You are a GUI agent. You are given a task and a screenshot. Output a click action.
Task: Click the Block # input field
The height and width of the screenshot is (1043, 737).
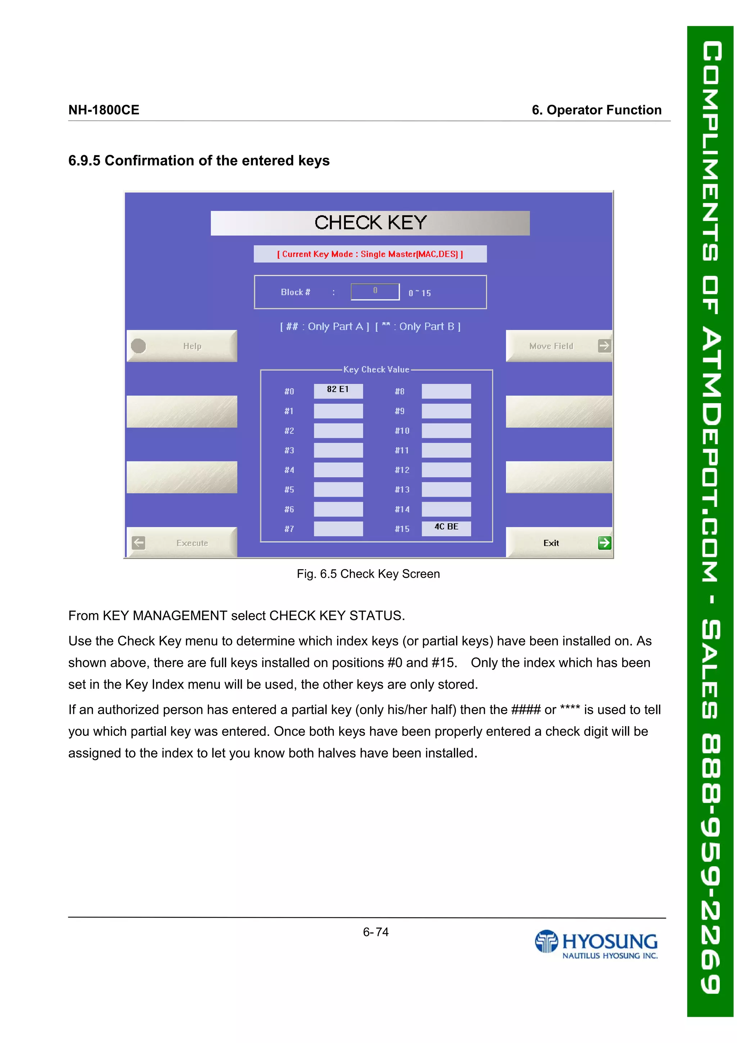tap(375, 292)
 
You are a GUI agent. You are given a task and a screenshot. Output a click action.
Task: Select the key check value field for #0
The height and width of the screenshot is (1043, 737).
tap(338, 391)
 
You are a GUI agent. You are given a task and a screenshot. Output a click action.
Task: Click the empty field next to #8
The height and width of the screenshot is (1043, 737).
tap(446, 391)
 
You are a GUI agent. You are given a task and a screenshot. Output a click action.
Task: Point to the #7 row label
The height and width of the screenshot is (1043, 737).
tap(289, 529)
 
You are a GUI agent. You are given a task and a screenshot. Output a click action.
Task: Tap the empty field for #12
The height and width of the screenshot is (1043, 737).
tap(446, 470)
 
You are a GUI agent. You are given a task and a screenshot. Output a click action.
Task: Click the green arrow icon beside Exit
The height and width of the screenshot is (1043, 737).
tap(605, 543)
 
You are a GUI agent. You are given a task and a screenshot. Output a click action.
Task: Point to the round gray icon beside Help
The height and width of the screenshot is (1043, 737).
tap(139, 346)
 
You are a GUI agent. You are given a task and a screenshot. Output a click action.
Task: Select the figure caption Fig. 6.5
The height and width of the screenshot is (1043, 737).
tap(368, 574)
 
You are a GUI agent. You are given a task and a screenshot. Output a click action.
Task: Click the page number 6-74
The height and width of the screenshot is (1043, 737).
tap(376, 932)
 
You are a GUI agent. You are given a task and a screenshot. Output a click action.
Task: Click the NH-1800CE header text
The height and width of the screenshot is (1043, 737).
tap(104, 110)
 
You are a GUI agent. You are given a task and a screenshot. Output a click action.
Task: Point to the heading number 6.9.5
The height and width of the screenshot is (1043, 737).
tap(84, 161)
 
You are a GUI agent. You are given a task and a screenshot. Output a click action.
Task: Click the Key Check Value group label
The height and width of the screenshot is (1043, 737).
tap(376, 369)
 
